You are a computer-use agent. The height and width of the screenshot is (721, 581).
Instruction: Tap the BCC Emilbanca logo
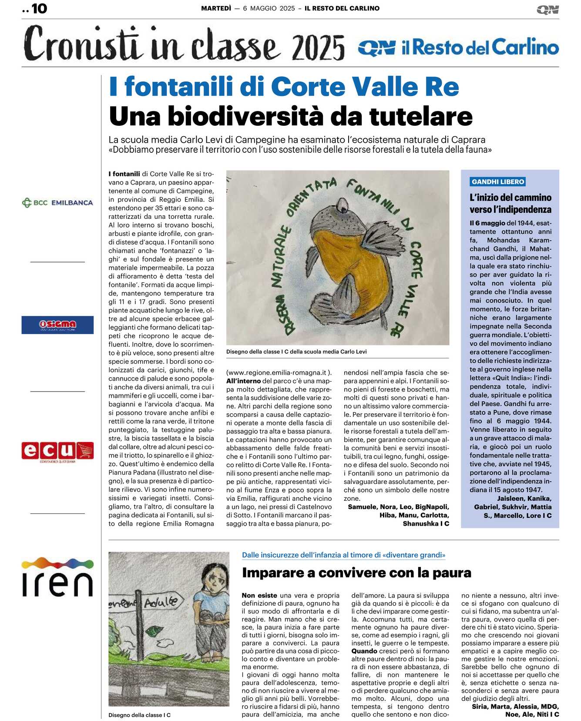[x=57, y=203]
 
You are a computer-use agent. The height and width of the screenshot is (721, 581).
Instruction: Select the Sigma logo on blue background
[x=57, y=325]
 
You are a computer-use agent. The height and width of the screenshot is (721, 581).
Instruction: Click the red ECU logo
[x=57, y=451]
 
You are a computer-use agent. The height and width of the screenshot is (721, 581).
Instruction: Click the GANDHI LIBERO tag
[x=498, y=182]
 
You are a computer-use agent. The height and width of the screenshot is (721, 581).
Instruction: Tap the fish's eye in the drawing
[x=343, y=203]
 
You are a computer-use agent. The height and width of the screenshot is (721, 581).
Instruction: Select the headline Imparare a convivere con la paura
[x=356, y=573]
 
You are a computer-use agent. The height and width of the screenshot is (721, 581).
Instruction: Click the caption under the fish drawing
[x=296, y=352]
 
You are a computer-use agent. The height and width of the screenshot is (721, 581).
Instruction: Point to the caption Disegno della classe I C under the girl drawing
[x=139, y=715]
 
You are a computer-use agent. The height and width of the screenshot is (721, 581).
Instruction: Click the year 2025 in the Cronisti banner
[x=318, y=47]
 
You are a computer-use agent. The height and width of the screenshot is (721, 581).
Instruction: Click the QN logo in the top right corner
[x=547, y=10]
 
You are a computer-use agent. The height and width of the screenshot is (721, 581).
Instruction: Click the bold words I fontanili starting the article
[x=124, y=174]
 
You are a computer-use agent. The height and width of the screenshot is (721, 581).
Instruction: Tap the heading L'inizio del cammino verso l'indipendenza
[x=510, y=204]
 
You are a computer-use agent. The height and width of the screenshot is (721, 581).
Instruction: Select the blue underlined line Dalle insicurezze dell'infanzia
[x=343, y=555]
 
